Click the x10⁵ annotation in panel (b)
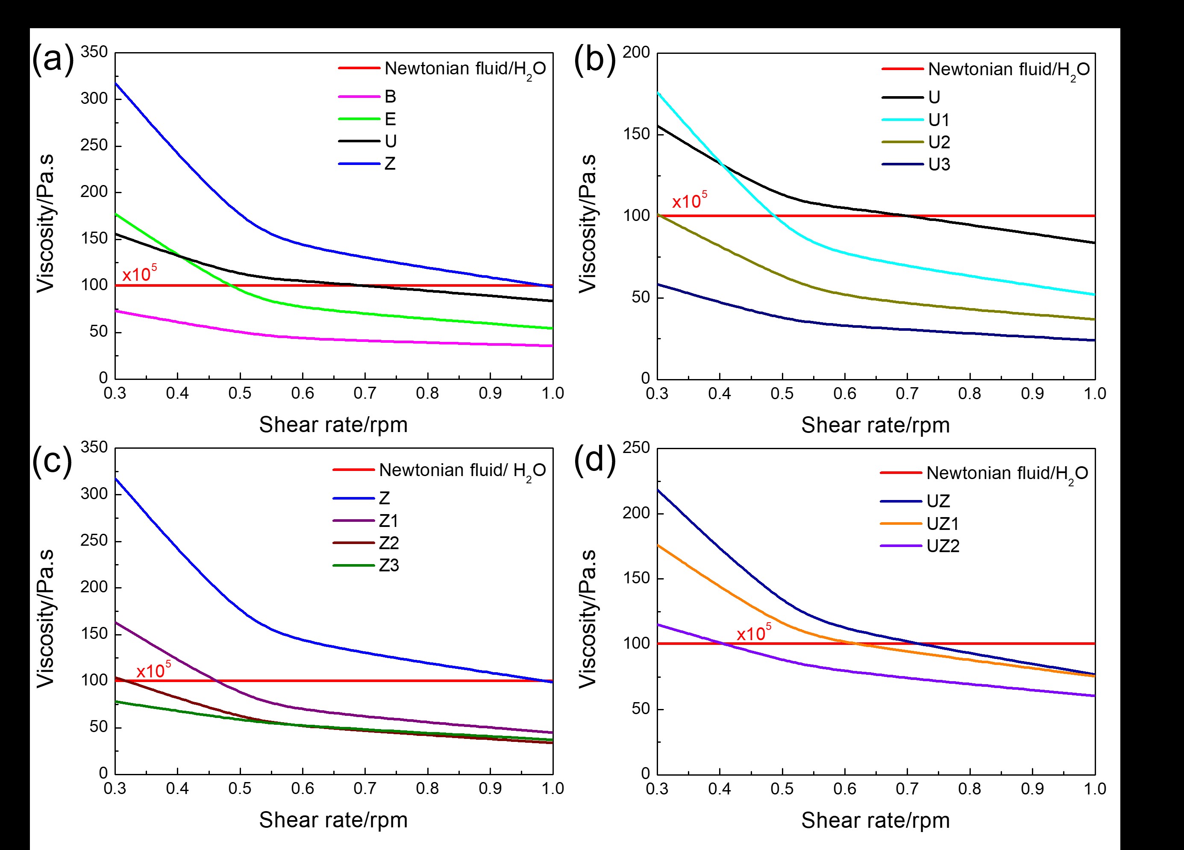tap(689, 200)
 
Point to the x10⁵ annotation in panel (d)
tap(753, 633)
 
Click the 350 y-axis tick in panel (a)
tap(94, 52)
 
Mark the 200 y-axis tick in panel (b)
tap(636, 52)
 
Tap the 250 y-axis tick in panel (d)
tap(636, 447)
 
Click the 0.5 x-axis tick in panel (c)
tap(240, 788)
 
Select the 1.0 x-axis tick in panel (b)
tap(1095, 394)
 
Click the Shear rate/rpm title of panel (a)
tap(333, 425)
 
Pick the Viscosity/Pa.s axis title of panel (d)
tap(588, 618)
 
